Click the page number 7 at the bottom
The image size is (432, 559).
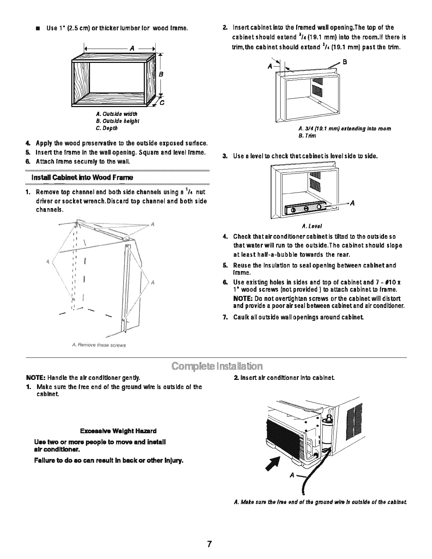tap(209, 543)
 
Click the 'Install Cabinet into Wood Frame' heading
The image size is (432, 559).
tap(82, 177)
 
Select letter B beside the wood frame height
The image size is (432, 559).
tap(161, 75)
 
